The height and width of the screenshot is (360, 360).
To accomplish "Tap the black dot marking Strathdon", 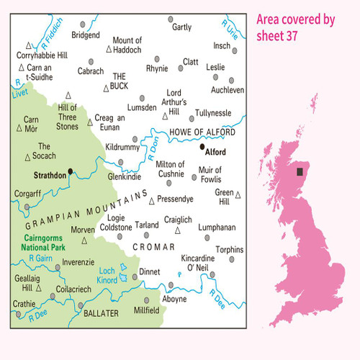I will coord(70,171).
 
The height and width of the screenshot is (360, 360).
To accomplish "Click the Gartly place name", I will coord(182,27).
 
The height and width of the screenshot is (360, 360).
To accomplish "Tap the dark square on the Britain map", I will coord(300,172).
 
